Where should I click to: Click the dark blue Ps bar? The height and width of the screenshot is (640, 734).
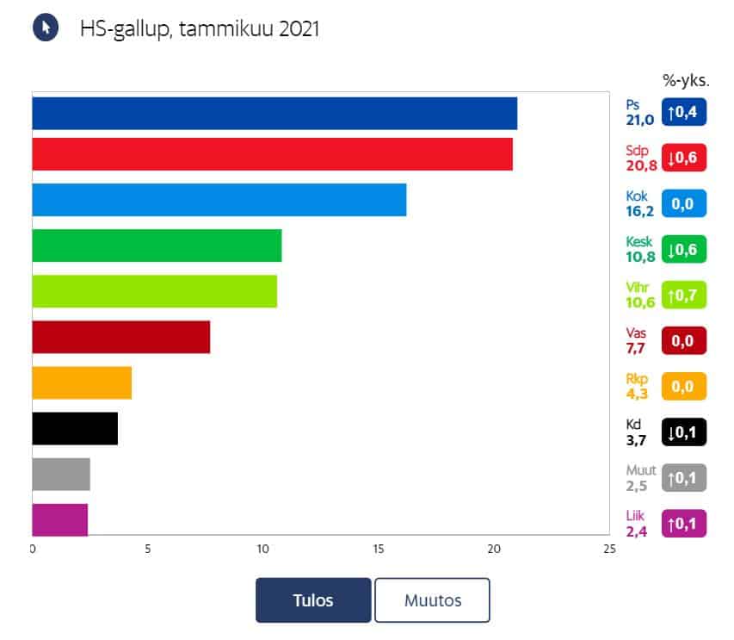pos(274,114)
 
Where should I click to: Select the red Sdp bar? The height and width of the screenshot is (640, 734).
pos(272,154)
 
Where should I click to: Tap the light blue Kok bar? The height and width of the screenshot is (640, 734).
pos(219,200)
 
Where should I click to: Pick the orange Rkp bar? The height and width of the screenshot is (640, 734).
pos(82,382)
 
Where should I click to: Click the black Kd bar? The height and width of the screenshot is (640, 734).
pos(75,428)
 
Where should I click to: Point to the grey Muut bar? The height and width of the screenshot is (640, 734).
pos(61,475)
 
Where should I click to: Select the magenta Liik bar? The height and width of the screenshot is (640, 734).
pos(60,520)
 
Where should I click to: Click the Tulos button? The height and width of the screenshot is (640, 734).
pos(313,600)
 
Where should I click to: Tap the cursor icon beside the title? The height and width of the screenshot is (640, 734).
pos(46,28)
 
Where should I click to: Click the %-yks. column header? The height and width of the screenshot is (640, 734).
pos(685,81)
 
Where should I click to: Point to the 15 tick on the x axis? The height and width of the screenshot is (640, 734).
pos(379,550)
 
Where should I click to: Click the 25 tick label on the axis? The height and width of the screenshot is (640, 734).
pos(609,550)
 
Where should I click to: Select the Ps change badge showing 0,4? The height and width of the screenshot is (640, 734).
pos(684,112)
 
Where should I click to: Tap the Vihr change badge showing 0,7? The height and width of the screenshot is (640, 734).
pos(684,295)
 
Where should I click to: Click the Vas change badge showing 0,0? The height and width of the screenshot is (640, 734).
pos(684,340)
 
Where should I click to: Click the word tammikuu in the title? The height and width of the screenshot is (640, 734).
pos(222,29)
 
